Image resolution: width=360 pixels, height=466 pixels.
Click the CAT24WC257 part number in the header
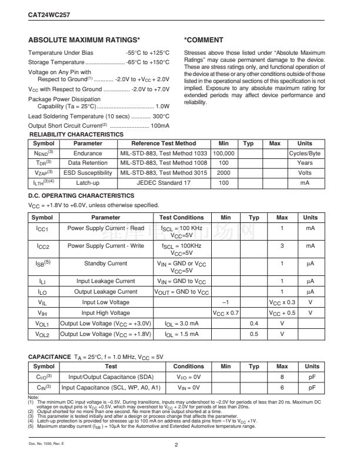pyautogui.click(x=48, y=10)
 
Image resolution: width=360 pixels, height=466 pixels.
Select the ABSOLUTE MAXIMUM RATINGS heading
pyautogui.click(x=84, y=40)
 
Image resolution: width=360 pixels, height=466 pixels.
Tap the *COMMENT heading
pyautogui.click(x=204, y=40)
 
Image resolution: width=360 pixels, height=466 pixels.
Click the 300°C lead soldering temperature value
pyautogui.click(x=161, y=116)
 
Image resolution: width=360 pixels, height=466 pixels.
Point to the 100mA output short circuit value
pyautogui.click(x=160, y=126)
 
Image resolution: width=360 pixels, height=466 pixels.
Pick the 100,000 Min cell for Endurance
pyautogui.click(x=223, y=153)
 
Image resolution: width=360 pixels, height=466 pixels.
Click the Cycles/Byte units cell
pyautogui.click(x=305, y=153)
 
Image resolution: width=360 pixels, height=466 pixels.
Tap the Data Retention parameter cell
pyautogui.click(x=88, y=163)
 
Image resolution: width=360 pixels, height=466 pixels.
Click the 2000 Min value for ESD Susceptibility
pyautogui.click(x=223, y=173)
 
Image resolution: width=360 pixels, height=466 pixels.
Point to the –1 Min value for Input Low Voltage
pyautogui.click(x=223, y=301)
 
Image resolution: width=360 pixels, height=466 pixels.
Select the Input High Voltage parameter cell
pyautogui.click(x=106, y=312)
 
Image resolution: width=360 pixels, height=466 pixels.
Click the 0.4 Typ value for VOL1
pyautogui.click(x=254, y=324)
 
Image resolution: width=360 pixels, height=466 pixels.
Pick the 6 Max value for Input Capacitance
pyautogui.click(x=282, y=388)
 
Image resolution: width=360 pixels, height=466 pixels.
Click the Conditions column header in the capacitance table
pyautogui.click(x=189, y=366)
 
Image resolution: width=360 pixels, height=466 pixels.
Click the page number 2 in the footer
pyautogui.click(x=176, y=445)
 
